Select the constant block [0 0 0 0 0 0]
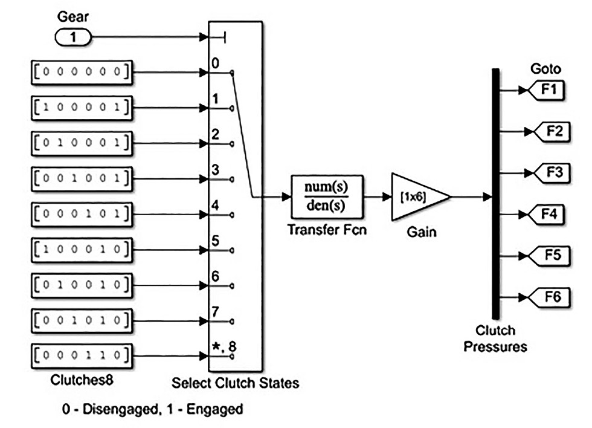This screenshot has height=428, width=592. [80, 73]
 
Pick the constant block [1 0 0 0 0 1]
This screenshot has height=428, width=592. [80, 108]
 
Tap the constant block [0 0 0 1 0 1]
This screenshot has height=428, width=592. [80, 213]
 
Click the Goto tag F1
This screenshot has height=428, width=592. [549, 91]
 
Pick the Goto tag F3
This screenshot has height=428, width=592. [549, 172]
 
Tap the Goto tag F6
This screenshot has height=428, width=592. [549, 296]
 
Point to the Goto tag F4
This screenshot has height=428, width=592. [549, 213]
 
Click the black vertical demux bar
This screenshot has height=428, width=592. [496, 193]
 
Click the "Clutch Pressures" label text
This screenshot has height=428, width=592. [495, 339]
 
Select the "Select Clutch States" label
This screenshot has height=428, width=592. [236, 383]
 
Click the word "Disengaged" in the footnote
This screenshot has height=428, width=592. [108, 409]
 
